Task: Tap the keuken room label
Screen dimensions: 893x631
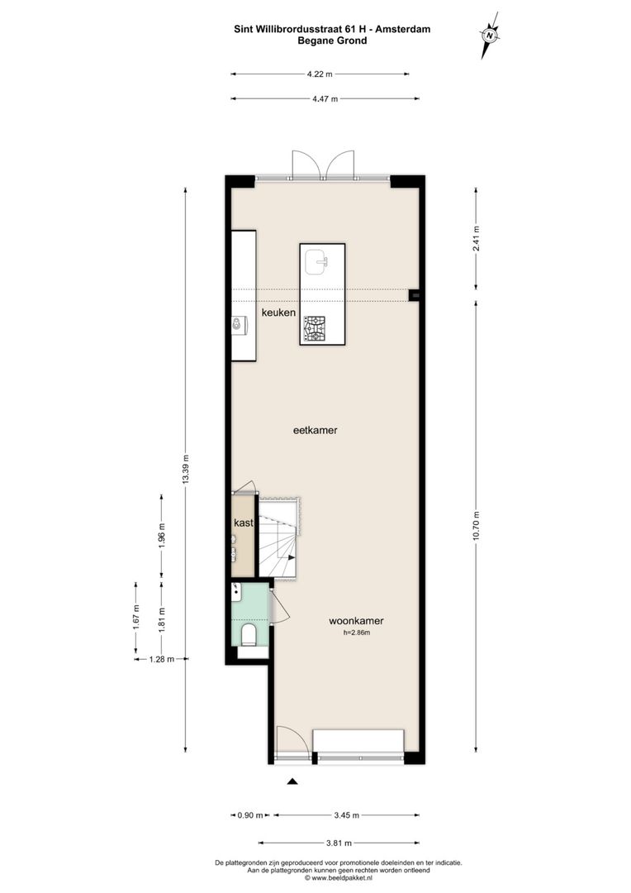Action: click(x=278, y=313)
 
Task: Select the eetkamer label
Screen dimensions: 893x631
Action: click(x=315, y=430)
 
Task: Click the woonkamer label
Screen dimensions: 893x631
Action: click(x=356, y=621)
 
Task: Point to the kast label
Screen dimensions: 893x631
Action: click(x=243, y=523)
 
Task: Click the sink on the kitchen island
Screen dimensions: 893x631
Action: click(x=316, y=263)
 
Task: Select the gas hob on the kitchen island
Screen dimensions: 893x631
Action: click(x=315, y=328)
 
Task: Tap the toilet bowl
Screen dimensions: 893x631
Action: click(x=249, y=634)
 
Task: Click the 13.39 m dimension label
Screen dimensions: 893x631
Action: click(x=186, y=470)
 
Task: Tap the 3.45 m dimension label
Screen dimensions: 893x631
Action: click(x=346, y=815)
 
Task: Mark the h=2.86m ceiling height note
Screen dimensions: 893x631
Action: click(x=357, y=633)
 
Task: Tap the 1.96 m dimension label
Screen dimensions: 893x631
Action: click(x=162, y=537)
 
